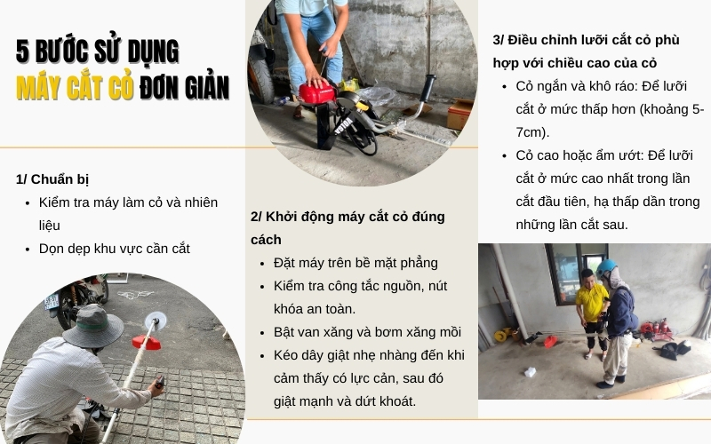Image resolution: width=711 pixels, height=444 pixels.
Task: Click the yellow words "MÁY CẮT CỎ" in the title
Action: pyautogui.click(x=75, y=87)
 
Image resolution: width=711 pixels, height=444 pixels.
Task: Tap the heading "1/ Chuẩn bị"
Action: pyautogui.click(x=52, y=179)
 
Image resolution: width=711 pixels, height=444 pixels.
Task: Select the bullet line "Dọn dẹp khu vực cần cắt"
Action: pyautogui.click(x=115, y=249)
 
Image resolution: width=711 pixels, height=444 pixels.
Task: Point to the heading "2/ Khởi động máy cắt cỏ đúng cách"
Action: pyautogui.click(x=348, y=228)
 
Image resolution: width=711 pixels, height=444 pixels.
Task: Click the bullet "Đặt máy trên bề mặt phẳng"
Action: pyautogui.click(x=355, y=263)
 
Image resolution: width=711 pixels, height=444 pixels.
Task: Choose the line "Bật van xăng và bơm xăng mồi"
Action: pyautogui.click(x=367, y=332)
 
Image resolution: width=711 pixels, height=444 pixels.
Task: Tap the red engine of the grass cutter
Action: pyautogui.click(x=317, y=93)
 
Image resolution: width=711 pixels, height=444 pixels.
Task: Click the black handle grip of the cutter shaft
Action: pyautogui.click(x=427, y=88)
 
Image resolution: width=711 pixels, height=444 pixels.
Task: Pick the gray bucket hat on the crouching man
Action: pyautogui.click(x=93, y=326)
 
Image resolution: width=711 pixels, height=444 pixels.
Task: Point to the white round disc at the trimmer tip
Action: pyautogui.click(x=156, y=321)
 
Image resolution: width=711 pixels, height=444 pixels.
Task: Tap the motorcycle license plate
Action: pyautogui.click(x=52, y=301)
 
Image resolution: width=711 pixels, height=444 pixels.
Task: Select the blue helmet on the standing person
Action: pyautogui.click(x=606, y=268)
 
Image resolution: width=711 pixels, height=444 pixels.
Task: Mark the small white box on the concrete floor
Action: pyautogui.click(x=530, y=372)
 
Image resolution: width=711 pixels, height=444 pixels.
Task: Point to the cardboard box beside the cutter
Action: pyautogui.click(x=459, y=115)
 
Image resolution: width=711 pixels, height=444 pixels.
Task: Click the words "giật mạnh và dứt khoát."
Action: pyautogui.click(x=345, y=401)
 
